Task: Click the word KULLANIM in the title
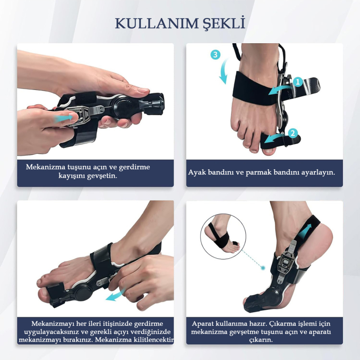coord(157,24)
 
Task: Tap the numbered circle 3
coord(216,55)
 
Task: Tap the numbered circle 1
coord(298,82)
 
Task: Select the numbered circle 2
coord(293,133)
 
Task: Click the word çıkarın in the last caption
coord(261,340)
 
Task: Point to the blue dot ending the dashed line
coord(263,268)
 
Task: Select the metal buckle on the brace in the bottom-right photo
coord(286,263)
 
